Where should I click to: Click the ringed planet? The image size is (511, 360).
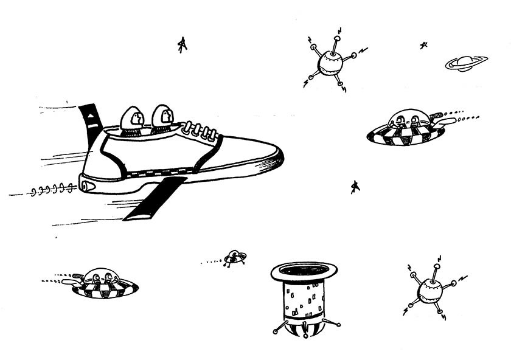466,63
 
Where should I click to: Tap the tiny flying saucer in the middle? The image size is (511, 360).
234,258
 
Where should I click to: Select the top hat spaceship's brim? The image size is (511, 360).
304,272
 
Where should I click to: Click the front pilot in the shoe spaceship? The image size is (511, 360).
163,118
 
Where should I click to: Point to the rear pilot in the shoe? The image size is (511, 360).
132,119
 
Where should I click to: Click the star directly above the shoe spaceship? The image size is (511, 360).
181,44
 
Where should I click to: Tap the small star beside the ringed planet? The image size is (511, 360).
423,45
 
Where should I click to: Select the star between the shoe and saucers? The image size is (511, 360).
355,187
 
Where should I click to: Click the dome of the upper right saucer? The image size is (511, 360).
405,119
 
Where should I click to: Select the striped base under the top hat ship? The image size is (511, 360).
304,329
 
